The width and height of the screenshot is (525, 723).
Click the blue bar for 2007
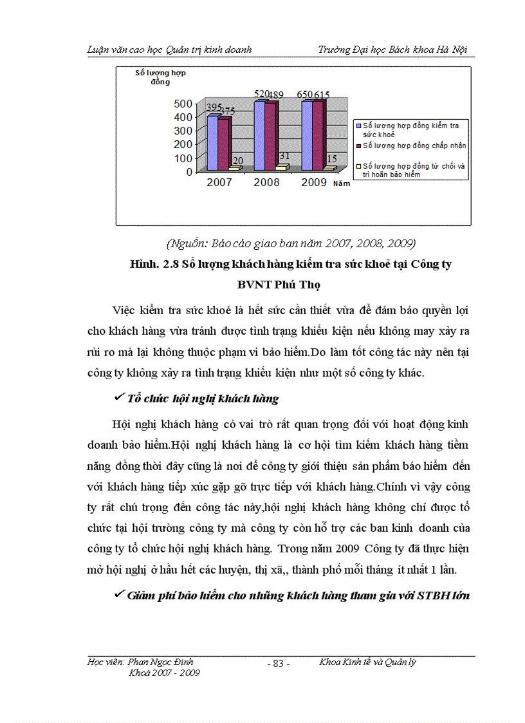click(x=212, y=143)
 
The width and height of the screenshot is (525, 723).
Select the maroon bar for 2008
click(x=270, y=136)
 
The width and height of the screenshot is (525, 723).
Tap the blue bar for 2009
click(x=307, y=135)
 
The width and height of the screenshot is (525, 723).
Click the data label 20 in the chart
click(x=237, y=161)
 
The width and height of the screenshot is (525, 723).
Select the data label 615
click(x=322, y=95)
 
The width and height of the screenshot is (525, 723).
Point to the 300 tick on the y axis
click(x=183, y=131)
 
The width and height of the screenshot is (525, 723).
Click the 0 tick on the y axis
click(x=189, y=172)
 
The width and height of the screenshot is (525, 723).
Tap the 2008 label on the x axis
click(x=266, y=183)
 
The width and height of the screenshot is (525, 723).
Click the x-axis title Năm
click(x=341, y=184)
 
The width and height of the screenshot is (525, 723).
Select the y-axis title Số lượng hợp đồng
click(x=160, y=77)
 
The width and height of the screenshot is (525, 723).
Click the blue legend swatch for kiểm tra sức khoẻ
click(x=359, y=126)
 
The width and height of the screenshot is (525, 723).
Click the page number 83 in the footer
click(x=278, y=664)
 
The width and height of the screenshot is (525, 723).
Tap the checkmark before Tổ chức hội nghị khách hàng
click(x=118, y=398)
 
